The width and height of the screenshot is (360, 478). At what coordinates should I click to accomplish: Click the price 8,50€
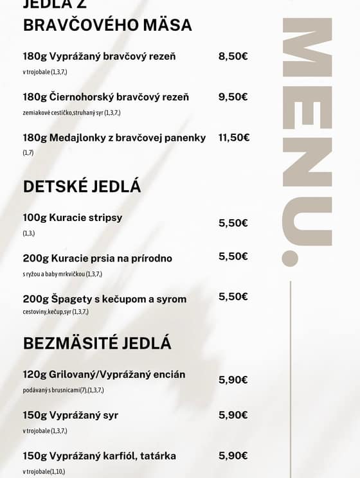pyautogui.click(x=233, y=57)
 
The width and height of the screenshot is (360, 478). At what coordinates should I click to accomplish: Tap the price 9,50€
pyautogui.click(x=233, y=97)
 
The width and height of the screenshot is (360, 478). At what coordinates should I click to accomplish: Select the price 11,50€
pyautogui.click(x=234, y=137)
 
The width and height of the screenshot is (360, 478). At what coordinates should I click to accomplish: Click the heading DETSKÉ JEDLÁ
pyautogui.click(x=82, y=187)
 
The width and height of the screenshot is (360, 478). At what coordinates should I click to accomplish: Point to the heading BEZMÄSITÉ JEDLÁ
pyautogui.click(x=97, y=343)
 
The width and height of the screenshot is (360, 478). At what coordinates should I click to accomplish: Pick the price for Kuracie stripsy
pyautogui.click(x=233, y=224)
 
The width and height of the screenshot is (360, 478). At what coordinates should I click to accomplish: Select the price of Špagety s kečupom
pyautogui.click(x=233, y=297)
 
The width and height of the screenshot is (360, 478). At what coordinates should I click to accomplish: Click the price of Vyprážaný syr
pyautogui.click(x=233, y=415)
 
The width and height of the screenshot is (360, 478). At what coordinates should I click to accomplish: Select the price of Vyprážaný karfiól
pyautogui.click(x=233, y=456)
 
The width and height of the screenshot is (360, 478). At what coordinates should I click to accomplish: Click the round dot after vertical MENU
pyautogui.click(x=291, y=258)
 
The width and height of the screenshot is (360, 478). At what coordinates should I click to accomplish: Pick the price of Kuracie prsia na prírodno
pyautogui.click(x=233, y=256)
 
